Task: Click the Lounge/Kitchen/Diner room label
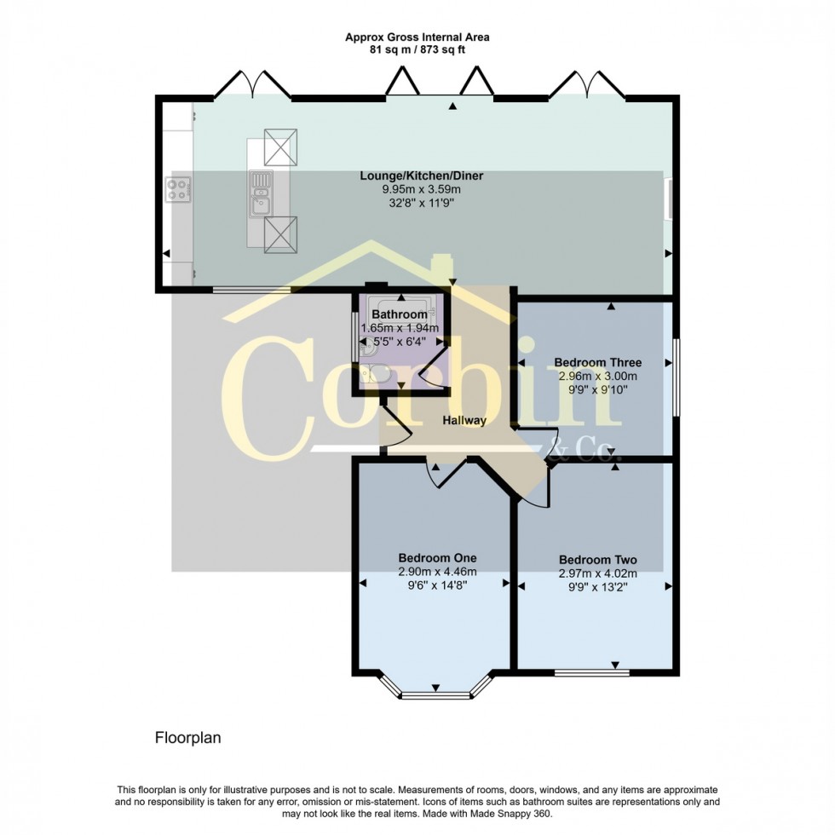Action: [421, 176]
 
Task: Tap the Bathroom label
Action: [400, 315]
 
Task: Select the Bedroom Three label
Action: [597, 362]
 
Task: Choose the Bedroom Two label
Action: [598, 560]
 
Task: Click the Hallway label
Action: [464, 421]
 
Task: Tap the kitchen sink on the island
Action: [261, 204]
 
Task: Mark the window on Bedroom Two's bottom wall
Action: [591, 672]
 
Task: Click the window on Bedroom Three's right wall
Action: [677, 378]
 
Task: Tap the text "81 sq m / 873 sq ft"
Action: [417, 50]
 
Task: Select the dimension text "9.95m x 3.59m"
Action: [421, 189]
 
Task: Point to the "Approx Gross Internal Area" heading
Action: [417, 37]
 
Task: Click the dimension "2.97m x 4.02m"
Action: [598, 573]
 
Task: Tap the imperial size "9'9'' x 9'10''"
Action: [597, 389]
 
